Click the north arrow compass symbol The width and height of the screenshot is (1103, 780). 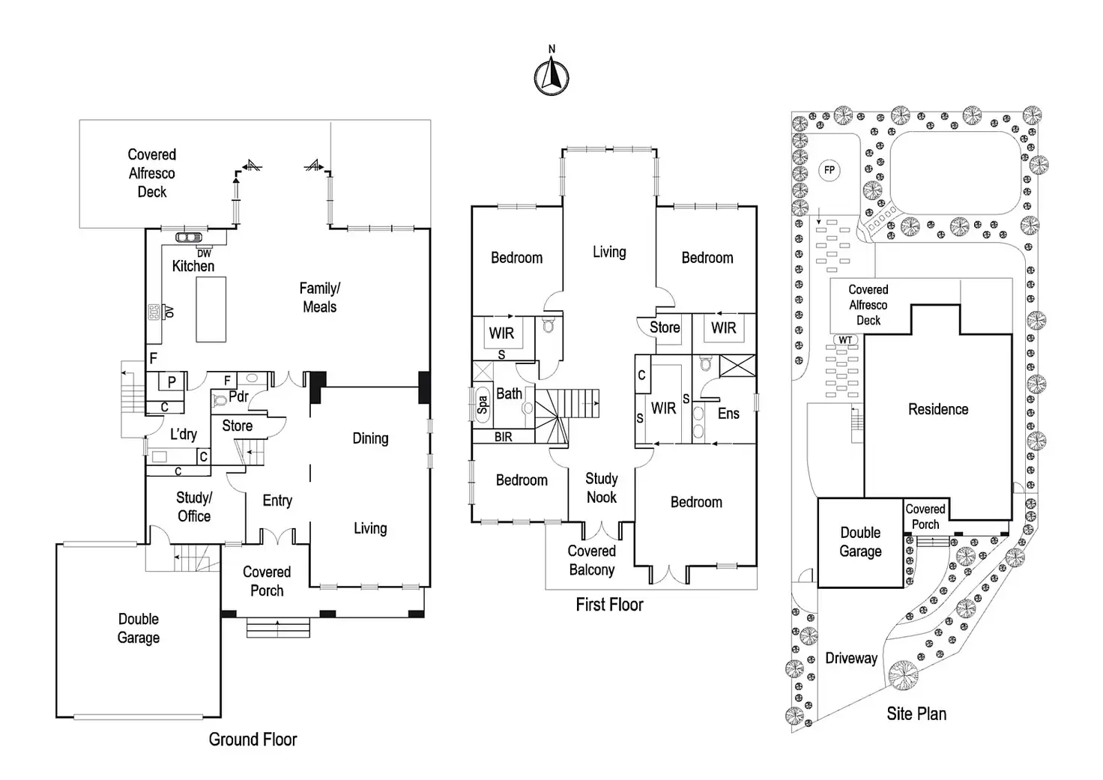(x=551, y=76)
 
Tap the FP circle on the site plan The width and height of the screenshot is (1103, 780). (x=829, y=170)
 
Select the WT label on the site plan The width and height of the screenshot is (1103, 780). (x=845, y=340)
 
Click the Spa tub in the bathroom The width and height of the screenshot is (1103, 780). (x=482, y=405)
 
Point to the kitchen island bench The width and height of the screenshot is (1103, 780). (x=211, y=309)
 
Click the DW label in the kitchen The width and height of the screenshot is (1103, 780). (x=204, y=253)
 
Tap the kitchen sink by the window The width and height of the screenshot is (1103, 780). (x=184, y=238)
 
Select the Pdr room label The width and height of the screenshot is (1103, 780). (x=238, y=396)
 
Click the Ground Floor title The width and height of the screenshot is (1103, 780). (x=253, y=740)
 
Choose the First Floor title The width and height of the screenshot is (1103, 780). (x=609, y=605)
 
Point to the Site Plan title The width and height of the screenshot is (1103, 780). (x=916, y=714)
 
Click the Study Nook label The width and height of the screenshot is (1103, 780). (x=601, y=488)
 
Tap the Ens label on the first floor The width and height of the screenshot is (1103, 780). (x=728, y=414)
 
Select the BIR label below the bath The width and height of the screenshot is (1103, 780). (x=504, y=437)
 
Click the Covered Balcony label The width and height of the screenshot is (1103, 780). (x=591, y=560)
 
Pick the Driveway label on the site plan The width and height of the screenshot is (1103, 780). (x=850, y=659)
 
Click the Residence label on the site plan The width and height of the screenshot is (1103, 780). (x=937, y=409)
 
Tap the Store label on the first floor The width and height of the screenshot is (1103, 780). (x=665, y=327)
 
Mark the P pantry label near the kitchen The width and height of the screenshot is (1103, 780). (x=172, y=382)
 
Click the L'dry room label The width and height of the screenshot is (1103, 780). (x=183, y=435)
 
